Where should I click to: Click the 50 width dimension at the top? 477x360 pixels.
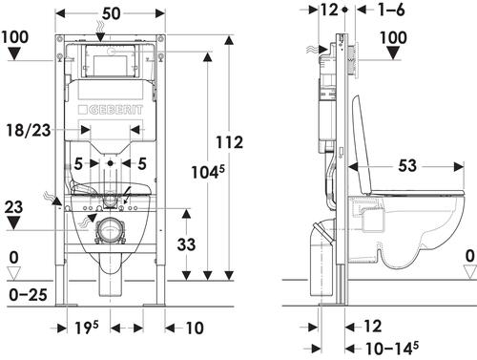[x=111, y=13]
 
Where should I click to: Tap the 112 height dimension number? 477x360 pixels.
[x=229, y=142]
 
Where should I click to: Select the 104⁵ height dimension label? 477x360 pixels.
[x=208, y=172]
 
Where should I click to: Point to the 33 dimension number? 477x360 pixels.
[x=186, y=244]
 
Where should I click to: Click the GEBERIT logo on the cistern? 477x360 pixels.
[x=111, y=110]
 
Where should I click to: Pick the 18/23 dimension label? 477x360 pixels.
[x=29, y=130]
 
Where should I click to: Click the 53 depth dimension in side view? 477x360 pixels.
[x=407, y=165]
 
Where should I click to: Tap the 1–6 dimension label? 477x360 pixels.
[x=391, y=10]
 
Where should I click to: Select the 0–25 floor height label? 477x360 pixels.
[x=28, y=295]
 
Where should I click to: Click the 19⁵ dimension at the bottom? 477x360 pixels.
[x=87, y=328]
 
